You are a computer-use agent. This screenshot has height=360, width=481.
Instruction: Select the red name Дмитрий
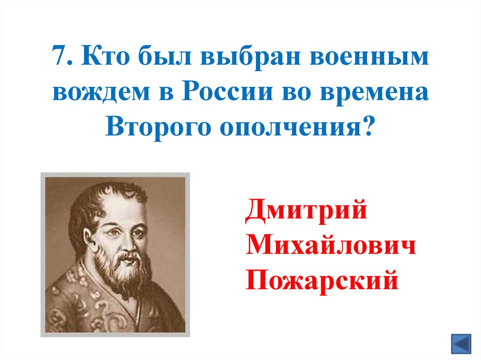tap(306, 211)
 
